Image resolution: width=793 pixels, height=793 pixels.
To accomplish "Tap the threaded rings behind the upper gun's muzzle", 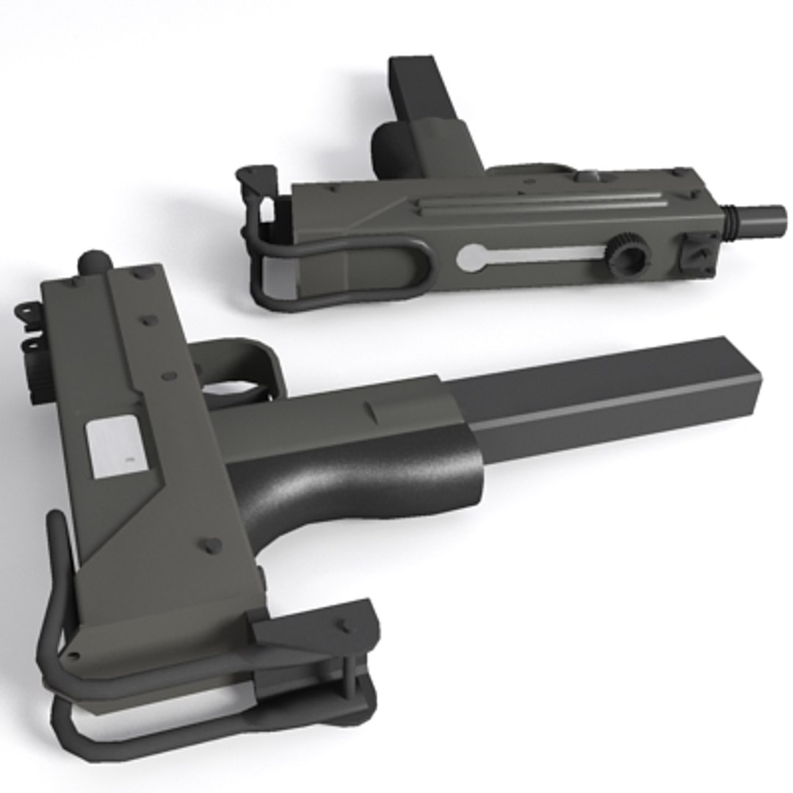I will click(731, 221).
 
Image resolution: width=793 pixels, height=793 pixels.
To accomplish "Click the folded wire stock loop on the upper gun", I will click(345, 272).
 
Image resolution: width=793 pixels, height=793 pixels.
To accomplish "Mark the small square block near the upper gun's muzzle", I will click(697, 254).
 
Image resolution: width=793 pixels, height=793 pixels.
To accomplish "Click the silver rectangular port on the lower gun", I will click(114, 447).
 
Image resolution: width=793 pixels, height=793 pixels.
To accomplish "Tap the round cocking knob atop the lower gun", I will click(94, 261).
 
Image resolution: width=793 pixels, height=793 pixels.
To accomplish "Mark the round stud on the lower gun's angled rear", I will click(211, 546).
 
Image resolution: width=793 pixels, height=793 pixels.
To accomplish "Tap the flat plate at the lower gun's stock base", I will click(316, 624).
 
